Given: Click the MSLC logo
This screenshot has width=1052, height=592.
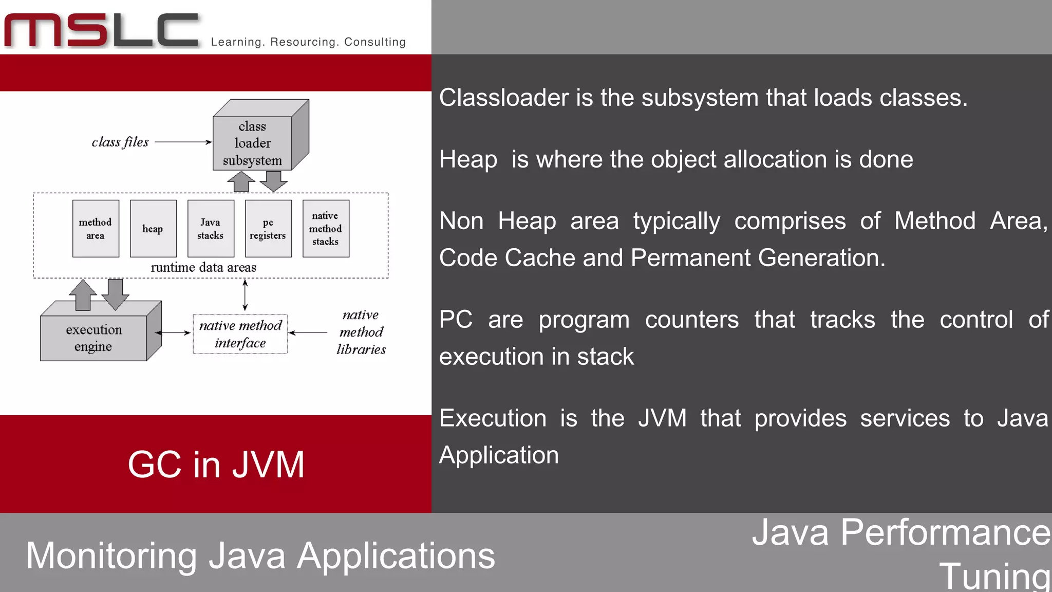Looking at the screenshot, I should tap(102, 31).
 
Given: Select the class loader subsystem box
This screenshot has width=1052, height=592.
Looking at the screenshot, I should tap(252, 143).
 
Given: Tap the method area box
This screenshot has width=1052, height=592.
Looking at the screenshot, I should tap(96, 229).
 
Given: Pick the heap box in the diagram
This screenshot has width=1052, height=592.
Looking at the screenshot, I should tap(153, 229).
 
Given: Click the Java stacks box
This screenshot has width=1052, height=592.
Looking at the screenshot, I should tap(211, 229).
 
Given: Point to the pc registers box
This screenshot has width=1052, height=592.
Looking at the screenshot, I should tap(268, 229).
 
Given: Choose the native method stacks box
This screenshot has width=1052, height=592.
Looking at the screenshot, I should tap(326, 229).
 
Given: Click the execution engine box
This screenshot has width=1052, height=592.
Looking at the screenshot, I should tap(94, 338).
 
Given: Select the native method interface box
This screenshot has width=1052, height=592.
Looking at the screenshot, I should tap(240, 334).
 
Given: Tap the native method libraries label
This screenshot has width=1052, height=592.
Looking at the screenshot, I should tap(361, 332).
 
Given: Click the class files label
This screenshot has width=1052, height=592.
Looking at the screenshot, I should tap(120, 142).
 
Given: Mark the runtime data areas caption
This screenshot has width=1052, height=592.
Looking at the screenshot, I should tap(203, 267).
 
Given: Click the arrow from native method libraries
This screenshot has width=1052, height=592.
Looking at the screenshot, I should tap(308, 333).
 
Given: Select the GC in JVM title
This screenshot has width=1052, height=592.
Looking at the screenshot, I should tap(216, 465).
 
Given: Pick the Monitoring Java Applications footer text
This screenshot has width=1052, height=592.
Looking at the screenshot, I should tap(260, 556).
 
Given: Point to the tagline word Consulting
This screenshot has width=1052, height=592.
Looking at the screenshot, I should tap(375, 42).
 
